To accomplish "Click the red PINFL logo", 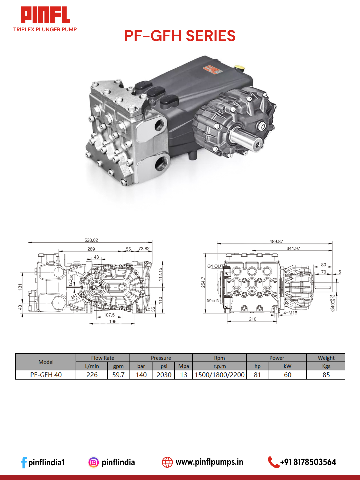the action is point(45,15).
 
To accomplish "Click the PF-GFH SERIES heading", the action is point(180,36).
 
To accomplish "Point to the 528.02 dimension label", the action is point(91,240).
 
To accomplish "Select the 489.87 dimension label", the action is point(276,241).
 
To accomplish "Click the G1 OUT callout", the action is point(215,266).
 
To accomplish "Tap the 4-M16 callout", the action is point(290,313).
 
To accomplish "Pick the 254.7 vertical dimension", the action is point(203,282).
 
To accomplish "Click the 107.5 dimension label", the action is point(109,315).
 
